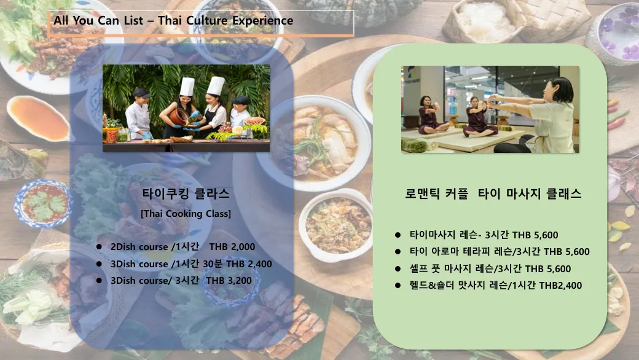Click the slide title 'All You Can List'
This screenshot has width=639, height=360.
pyautogui.click(x=99, y=20)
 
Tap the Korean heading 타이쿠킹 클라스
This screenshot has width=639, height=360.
pyautogui.click(x=186, y=194)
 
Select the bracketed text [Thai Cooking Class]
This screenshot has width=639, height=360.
pyautogui.click(x=186, y=213)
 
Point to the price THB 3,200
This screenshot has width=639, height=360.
pyautogui.click(x=229, y=281)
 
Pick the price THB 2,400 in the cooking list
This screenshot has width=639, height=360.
pyautogui.click(x=249, y=264)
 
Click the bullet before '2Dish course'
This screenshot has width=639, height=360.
pyautogui.click(x=99, y=247)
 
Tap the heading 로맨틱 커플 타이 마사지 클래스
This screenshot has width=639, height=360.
pyautogui.click(x=493, y=194)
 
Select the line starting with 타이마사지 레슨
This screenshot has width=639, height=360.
pyautogui.click(x=484, y=235)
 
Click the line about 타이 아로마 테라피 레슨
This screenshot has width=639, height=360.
pyautogui.click(x=500, y=252)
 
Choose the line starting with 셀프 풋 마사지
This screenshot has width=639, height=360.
pyautogui.click(x=490, y=269)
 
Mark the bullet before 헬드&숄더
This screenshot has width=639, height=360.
pyautogui.click(x=398, y=286)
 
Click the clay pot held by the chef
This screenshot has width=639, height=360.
pyautogui.click(x=179, y=117)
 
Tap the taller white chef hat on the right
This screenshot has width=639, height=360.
pyautogui.click(x=216, y=85)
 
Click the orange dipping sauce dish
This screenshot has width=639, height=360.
pyautogui.click(x=38, y=119)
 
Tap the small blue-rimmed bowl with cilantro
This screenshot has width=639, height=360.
pyautogui.click(x=43, y=203)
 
